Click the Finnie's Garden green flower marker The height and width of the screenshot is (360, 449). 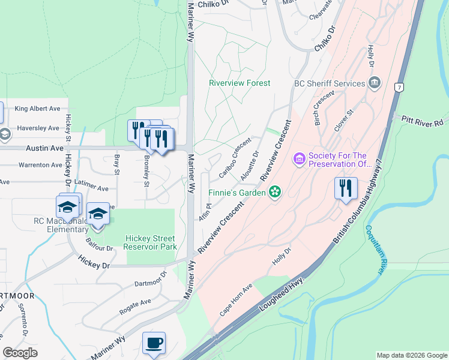[x=275, y=193]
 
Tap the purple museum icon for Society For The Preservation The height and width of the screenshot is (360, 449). [x=298, y=159]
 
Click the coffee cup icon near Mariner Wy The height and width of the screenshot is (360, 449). [x=154, y=343]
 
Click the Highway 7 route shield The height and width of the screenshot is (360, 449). [x=399, y=88]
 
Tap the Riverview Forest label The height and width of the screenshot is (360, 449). [x=240, y=83]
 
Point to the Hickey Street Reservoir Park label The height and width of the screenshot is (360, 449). [x=151, y=242]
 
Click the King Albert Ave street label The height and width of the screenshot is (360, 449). [x=38, y=109]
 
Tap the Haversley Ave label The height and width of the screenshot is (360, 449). [x=38, y=128]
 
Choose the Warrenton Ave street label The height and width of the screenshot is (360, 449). [x=40, y=164]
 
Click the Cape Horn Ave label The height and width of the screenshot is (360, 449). [x=234, y=300]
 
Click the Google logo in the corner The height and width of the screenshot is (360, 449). [x=20, y=353]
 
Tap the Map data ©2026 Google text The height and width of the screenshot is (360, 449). [x=412, y=355]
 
